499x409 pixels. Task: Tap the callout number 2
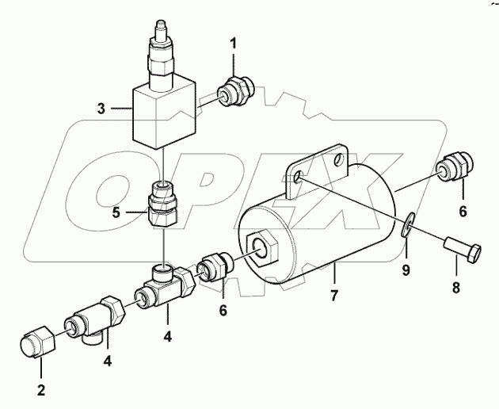coord(40,389)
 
